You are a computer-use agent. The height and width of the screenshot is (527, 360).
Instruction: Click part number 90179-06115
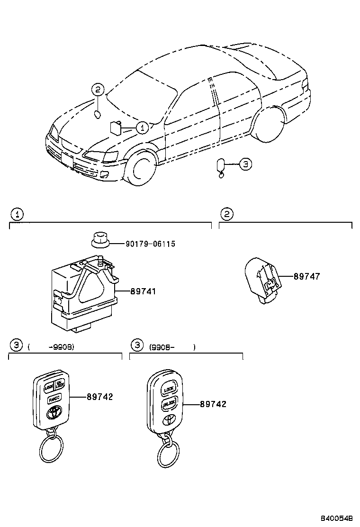pyautogui.click(x=150, y=244)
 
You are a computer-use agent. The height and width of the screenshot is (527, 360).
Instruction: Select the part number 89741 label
pyautogui.click(x=143, y=291)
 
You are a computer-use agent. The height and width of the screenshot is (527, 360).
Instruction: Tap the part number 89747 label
pyautogui.click(x=306, y=277)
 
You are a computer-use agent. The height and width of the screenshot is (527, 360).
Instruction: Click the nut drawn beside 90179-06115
pyautogui.click(x=100, y=240)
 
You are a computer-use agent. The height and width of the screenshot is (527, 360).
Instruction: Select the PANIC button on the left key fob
pyautogui.click(x=54, y=399)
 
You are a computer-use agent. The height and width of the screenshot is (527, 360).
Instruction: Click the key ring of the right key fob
pyautogui.click(x=168, y=454)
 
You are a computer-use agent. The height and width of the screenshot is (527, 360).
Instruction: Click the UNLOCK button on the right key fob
pyautogui.click(x=169, y=405)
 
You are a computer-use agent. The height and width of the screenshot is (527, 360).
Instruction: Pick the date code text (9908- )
pyautogui.click(x=171, y=347)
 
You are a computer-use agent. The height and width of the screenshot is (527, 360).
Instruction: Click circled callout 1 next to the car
pyautogui.click(x=143, y=127)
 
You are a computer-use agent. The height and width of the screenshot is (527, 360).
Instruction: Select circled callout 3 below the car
pyautogui.click(x=244, y=164)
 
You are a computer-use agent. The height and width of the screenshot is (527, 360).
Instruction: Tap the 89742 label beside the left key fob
pyautogui.click(x=99, y=397)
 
